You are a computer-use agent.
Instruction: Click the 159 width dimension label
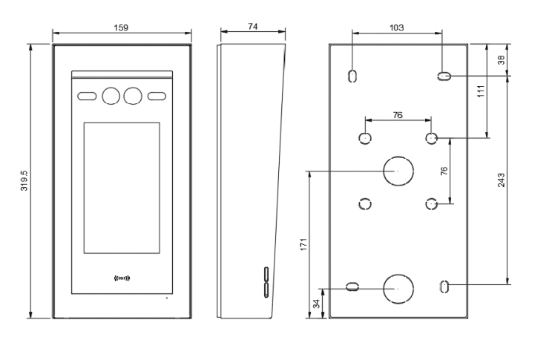tap(121, 27)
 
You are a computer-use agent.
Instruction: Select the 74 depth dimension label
tap(252, 27)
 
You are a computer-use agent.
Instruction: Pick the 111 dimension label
tap(480, 91)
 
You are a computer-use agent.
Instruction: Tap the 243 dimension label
tap(502, 180)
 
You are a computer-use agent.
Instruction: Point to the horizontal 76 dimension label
tap(398, 114)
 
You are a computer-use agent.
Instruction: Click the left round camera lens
tap(112, 96)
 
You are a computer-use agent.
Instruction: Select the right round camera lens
tap(134, 96)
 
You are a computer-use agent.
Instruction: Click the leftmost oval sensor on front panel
tap(87, 96)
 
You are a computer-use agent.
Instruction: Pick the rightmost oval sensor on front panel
tap(158, 96)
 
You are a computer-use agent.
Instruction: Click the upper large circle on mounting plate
tap(397, 171)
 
